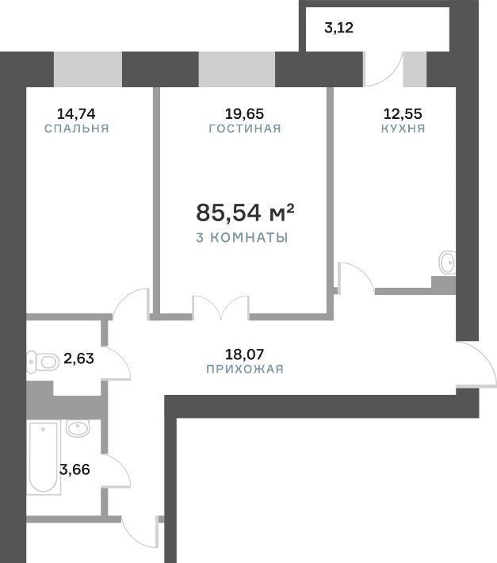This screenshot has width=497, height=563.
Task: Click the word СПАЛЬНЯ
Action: pyautogui.click(x=76, y=128)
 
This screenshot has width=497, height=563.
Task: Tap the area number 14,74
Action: pyautogui.click(x=76, y=114)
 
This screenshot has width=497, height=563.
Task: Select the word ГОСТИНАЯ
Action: pyautogui.click(x=245, y=128)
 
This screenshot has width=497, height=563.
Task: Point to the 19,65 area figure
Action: pyautogui.click(x=244, y=114)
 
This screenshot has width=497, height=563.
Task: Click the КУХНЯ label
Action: pyautogui.click(x=403, y=128)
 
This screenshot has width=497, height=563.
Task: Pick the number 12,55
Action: pyautogui.click(x=403, y=114)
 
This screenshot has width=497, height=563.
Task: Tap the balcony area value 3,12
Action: pyautogui.click(x=338, y=28)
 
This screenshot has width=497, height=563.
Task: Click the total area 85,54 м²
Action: pyautogui.click(x=245, y=213)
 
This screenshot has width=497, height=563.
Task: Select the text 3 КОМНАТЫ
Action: pyautogui.click(x=243, y=237)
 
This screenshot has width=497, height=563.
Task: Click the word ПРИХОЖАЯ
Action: pyautogui.click(x=245, y=369)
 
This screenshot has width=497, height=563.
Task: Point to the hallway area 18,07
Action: pyautogui.click(x=244, y=354)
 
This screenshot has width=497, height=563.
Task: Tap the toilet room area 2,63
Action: pyautogui.click(x=78, y=358)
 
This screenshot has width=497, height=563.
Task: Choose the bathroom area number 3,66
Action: pyautogui.click(x=75, y=469)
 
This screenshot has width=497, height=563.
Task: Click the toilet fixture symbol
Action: pyautogui.click(x=43, y=362)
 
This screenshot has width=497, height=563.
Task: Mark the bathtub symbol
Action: pyautogui.click(x=43, y=457)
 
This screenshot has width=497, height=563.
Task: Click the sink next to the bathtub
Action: pyautogui.click(x=78, y=428)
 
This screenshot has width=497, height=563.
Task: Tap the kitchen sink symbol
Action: pyautogui.click(x=448, y=262)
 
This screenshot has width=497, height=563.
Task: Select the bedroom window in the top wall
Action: pyautogui.click(x=88, y=69)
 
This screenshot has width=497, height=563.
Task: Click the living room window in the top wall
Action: pyautogui.click(x=237, y=69)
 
